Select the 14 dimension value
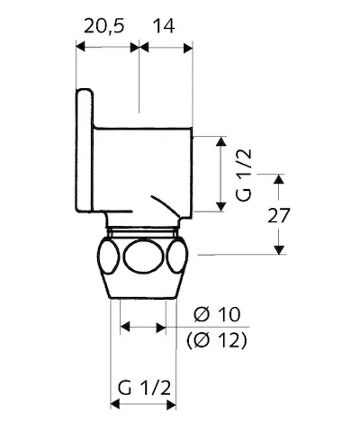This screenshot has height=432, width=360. [x=163, y=27]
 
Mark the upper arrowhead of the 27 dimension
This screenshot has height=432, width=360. [x=280, y=182]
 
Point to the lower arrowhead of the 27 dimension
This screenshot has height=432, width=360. [x=280, y=249]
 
